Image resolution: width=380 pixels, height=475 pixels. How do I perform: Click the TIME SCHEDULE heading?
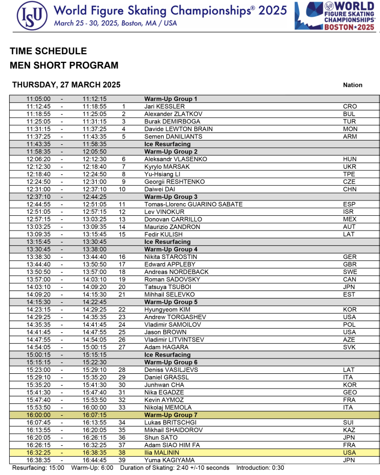pos(48,51)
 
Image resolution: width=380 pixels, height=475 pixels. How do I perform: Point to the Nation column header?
pos(353,85)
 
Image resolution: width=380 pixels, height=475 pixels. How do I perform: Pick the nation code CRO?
pos(350,106)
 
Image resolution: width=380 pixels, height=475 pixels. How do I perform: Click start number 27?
pos(122,347)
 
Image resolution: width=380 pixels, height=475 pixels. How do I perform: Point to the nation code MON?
pos(350,129)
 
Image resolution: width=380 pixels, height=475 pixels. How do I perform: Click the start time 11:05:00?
pos(38,99)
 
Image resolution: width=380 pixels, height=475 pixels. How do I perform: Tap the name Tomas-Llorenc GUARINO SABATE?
pos(193,205)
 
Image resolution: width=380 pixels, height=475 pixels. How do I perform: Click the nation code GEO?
pos(350,393)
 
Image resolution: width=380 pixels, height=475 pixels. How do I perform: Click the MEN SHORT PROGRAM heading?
pos(64,65)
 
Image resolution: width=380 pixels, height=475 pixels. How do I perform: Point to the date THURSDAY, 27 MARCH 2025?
pos(66,85)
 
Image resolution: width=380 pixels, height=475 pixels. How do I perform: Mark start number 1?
pos(123,106)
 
